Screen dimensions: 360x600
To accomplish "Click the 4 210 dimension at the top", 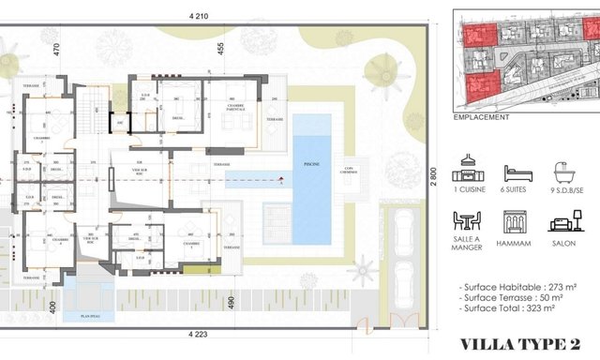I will click(x=197, y=16).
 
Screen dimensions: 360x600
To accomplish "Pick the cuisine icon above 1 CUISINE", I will click(x=467, y=171).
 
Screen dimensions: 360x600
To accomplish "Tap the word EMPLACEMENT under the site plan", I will click(x=480, y=118).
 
